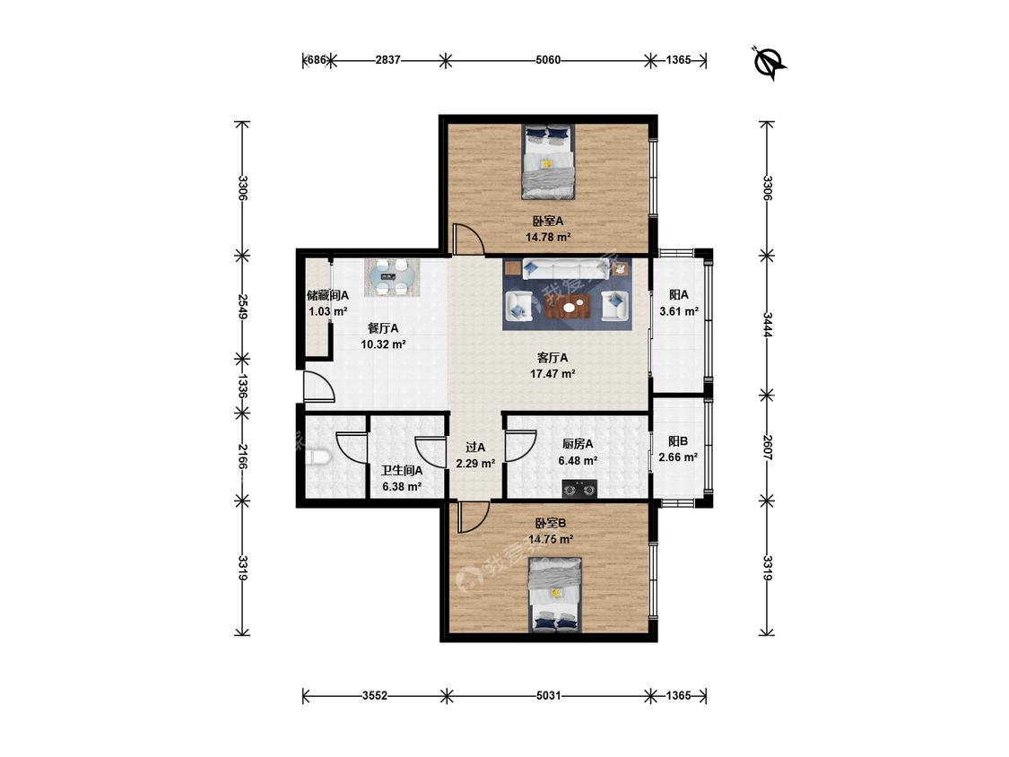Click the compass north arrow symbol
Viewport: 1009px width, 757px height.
point(770,64)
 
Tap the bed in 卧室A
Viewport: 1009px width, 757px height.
point(548,161)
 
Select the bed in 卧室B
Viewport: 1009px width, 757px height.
point(555,594)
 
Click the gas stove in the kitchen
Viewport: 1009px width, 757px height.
point(579,489)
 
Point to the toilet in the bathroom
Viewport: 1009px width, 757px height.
point(318,457)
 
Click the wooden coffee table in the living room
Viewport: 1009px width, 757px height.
point(569,307)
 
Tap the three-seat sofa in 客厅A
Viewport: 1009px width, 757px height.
point(566,269)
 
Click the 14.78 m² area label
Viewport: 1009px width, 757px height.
point(548,237)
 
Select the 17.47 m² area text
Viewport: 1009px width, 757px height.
point(552,373)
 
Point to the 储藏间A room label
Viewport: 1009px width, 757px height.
point(327,295)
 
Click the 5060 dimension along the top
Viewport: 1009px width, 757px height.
point(548,60)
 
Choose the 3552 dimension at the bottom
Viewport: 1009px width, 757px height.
point(375,695)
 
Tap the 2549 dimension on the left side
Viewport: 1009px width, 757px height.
point(242,307)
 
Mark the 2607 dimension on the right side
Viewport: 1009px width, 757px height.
point(767,448)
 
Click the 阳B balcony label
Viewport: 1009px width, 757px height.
point(678,441)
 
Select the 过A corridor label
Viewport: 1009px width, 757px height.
point(475,447)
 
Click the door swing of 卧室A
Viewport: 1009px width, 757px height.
point(468,239)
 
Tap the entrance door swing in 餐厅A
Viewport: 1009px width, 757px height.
point(318,387)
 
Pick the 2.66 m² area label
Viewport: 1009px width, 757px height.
point(678,457)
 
